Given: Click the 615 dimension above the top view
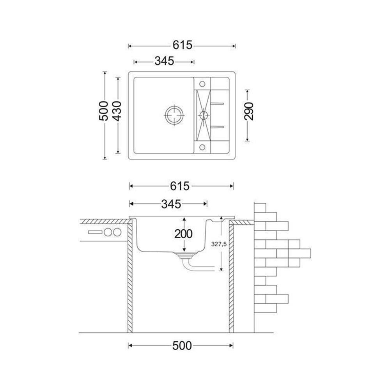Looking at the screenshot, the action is [x=183, y=45].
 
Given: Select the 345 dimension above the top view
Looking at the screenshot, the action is [x=164, y=61].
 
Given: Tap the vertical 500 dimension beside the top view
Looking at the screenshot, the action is [x=104, y=111].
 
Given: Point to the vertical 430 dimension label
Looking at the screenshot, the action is [x=117, y=111].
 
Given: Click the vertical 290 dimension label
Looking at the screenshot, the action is [x=249, y=111].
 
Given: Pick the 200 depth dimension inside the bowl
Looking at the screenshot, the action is [x=183, y=234].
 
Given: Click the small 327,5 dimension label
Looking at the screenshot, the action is [x=219, y=244].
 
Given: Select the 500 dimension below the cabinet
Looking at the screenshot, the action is [x=182, y=346].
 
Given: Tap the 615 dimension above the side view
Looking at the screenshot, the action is [x=180, y=186].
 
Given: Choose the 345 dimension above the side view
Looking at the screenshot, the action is [x=171, y=204].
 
